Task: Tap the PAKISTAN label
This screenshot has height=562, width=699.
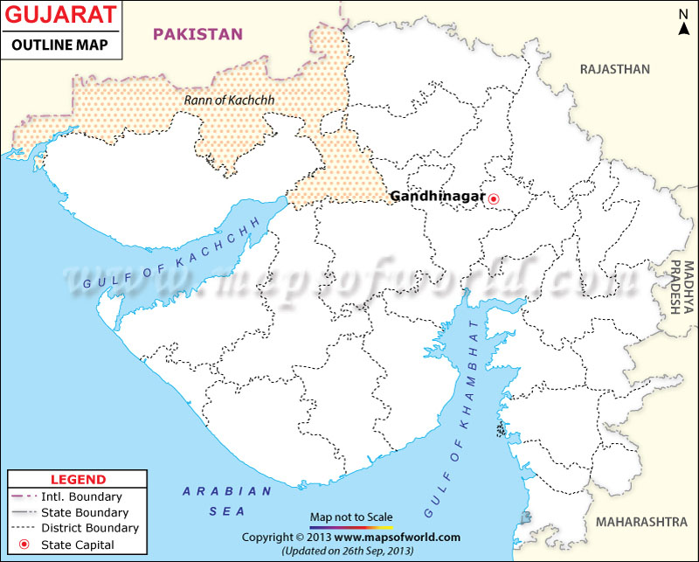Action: pyautogui.click(x=197, y=34)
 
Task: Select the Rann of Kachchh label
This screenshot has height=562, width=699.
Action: pyautogui.click(x=229, y=101)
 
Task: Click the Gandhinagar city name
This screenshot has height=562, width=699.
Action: pyautogui.click(x=437, y=197)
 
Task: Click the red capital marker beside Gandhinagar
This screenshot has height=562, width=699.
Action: pyautogui.click(x=494, y=198)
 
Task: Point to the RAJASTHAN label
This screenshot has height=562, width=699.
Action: pyautogui.click(x=616, y=69)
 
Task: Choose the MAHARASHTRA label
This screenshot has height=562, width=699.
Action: pyautogui.click(x=641, y=522)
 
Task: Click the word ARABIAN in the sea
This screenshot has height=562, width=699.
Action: pyautogui.click(x=215, y=491)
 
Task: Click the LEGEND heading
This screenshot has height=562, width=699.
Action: pyautogui.click(x=78, y=480)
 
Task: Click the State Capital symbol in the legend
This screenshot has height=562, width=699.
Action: pyautogui.click(x=24, y=545)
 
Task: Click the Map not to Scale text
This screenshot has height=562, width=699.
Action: pyautogui.click(x=350, y=517)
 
